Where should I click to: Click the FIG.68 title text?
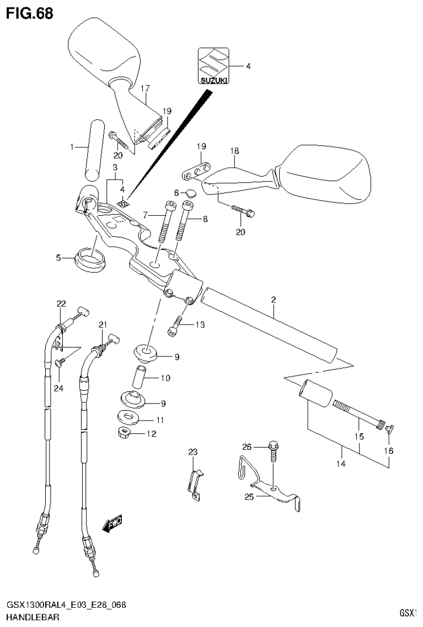point(30,13)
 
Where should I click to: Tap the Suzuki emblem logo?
point(212,65)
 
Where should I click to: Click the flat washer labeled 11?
point(130,418)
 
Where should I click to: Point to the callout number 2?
point(273,300)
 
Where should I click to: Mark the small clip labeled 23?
point(194,483)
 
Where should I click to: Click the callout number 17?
point(146,88)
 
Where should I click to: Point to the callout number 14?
point(341,464)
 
